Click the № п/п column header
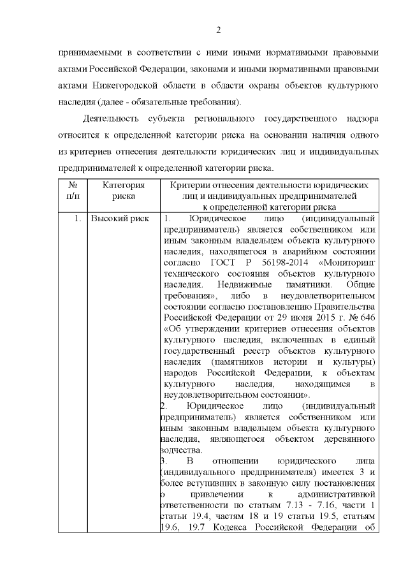coord(72,190)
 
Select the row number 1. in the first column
coord(77,219)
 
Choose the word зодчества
coord(180,449)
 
